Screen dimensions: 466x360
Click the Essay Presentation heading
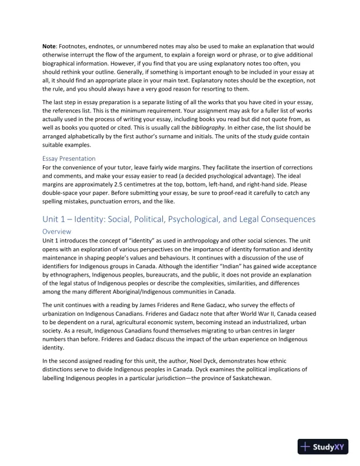tap(69, 158)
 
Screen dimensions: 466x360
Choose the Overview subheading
tap(58, 232)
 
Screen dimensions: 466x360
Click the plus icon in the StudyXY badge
tap(306, 447)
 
